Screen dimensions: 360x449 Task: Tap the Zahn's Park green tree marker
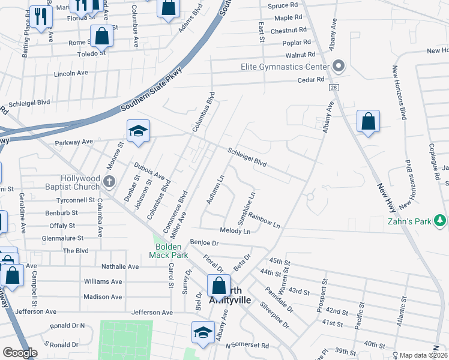click(440, 221)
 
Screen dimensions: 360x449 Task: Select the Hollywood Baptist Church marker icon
click(109, 181)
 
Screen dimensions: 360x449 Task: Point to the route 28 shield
click(332, 88)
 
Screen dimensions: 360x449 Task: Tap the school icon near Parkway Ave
click(137, 132)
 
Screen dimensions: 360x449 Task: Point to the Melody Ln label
click(235, 231)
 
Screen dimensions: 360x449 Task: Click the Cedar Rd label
click(311, 79)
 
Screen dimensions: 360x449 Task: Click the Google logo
click(20, 353)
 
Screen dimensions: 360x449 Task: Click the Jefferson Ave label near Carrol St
click(152, 313)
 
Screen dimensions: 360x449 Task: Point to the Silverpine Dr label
click(274, 316)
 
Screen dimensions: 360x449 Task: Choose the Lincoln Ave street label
click(71, 73)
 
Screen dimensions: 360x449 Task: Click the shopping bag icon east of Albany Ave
click(368, 121)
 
